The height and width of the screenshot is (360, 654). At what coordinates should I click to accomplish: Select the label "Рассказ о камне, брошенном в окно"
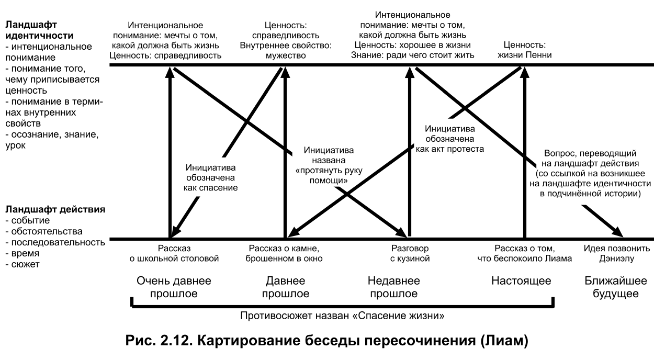tap(285, 253)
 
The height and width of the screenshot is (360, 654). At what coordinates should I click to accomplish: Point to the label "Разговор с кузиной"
tap(411, 253)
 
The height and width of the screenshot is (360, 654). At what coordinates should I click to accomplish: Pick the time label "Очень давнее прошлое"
tap(174, 287)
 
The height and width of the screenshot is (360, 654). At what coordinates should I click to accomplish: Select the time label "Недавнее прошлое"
tap(393, 287)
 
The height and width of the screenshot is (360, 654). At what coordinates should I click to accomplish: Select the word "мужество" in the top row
tap(285, 55)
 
